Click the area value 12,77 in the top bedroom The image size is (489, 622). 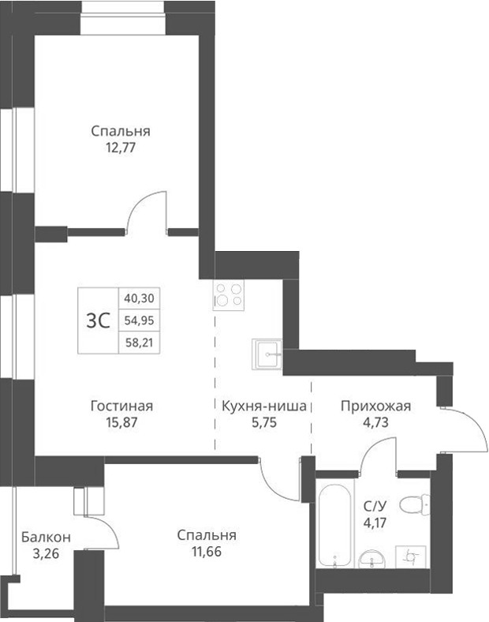(120, 147)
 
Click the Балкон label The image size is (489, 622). (46, 537)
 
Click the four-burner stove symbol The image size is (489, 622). (229, 295)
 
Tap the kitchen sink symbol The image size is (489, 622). (267, 354)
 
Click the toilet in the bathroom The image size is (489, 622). (412, 503)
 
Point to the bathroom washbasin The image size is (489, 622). (370, 560)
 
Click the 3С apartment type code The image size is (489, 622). (97, 320)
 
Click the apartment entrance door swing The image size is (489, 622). (468, 430)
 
